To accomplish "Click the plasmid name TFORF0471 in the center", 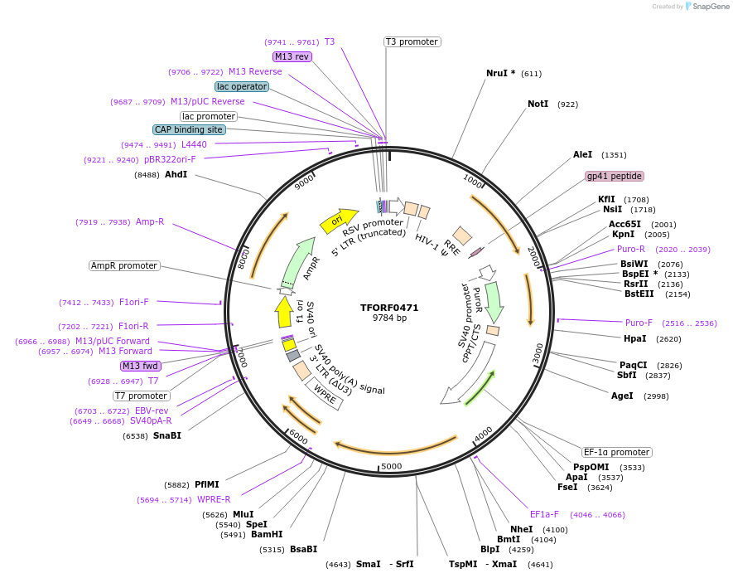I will point(389,308).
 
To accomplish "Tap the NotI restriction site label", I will point(542,104).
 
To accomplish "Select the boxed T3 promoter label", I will point(412,41).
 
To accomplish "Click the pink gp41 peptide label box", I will point(615,176).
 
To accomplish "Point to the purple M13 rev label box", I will point(292,56).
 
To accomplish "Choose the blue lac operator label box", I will point(241,86).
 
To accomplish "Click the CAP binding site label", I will point(189,129).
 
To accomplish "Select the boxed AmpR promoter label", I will point(124,265).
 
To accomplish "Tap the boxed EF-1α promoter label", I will point(617,452).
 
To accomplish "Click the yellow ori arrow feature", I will point(336,220).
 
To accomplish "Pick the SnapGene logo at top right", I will point(706,7).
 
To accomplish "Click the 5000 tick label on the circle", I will point(392,466).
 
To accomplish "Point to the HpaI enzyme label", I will point(634,338).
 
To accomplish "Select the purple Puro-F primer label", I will point(639,323).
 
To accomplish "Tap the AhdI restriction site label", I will point(176,175).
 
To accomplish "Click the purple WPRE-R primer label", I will point(214,499).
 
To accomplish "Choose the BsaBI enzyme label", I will point(303,549).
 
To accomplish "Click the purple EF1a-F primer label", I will point(544,514).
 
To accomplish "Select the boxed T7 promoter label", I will point(142,396).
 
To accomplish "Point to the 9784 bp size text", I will point(389,318).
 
